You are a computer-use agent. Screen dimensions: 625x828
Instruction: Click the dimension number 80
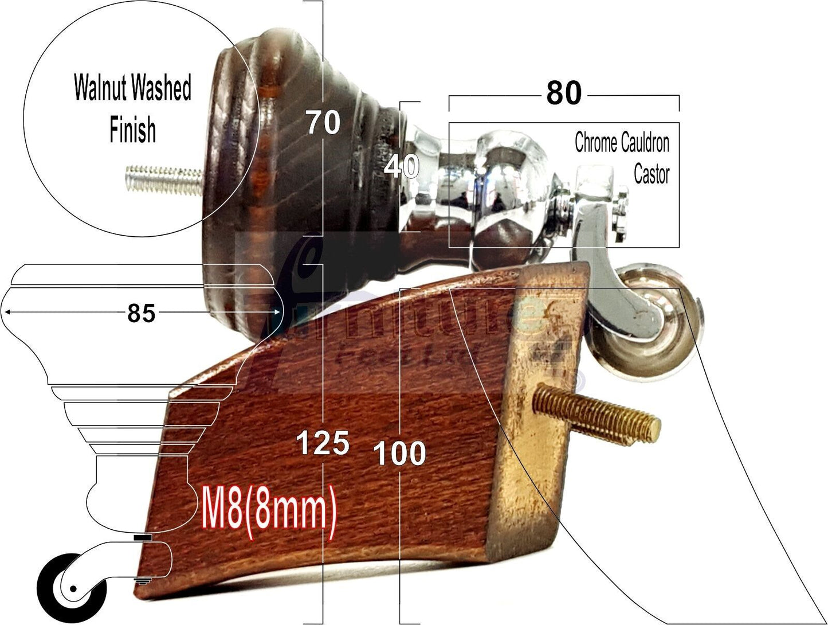coord(564,93)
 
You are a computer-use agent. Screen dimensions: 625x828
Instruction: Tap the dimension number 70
coord(323,123)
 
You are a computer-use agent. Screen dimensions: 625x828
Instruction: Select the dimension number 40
coord(402,167)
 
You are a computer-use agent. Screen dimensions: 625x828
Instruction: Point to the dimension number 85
coord(141,313)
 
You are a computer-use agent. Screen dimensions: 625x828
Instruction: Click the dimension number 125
coord(323,443)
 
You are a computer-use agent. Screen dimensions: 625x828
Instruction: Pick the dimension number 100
coord(399,454)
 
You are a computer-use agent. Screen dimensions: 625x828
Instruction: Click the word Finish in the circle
coord(132,130)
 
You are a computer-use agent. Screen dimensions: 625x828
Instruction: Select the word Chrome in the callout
coord(597,142)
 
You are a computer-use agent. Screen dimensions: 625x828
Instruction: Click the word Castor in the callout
coord(652,173)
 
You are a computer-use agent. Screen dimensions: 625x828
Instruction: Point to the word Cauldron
coord(646,142)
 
